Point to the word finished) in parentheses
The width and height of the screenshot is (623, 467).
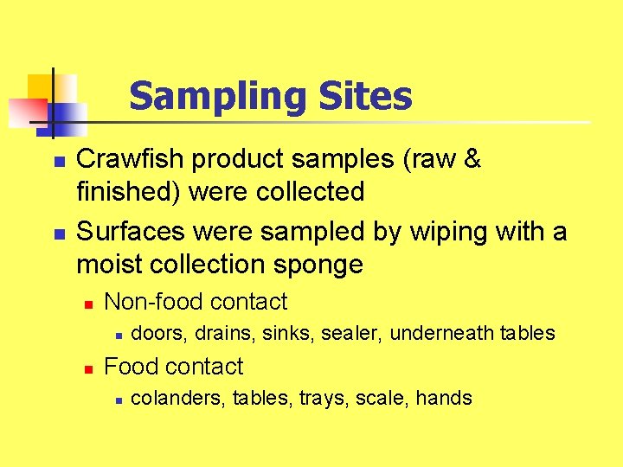(x=129, y=191)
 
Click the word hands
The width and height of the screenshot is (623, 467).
(x=444, y=399)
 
